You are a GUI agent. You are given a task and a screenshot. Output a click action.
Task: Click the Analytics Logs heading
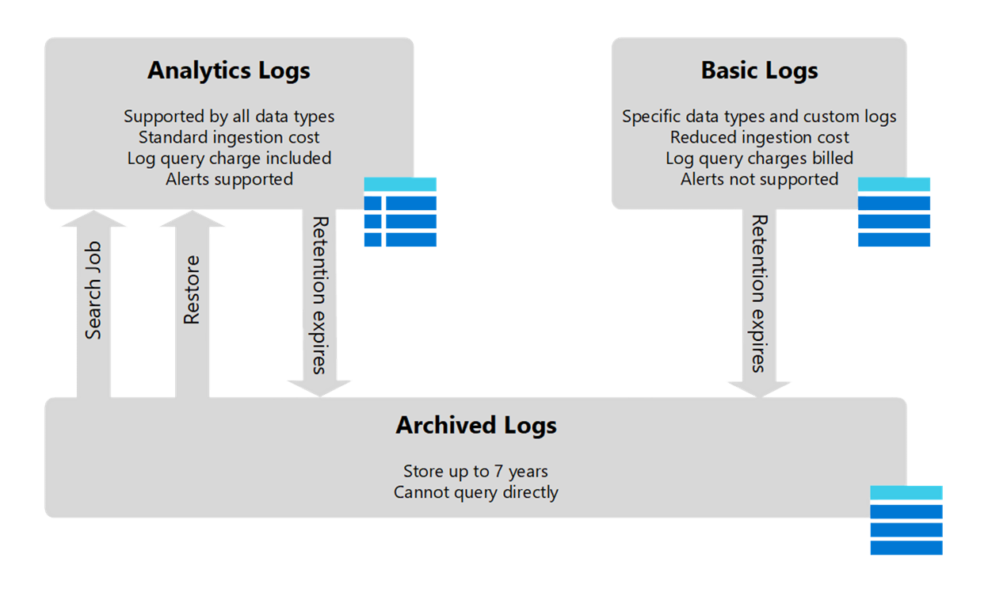click(228, 71)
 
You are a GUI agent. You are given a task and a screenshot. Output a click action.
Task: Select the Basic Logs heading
click(759, 71)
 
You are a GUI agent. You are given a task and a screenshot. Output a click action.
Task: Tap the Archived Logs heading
click(475, 425)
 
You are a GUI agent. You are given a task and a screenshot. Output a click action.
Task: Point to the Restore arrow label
click(192, 290)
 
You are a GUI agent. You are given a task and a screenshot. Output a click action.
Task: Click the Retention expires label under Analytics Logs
click(319, 294)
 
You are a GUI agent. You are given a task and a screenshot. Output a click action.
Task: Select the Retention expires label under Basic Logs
click(759, 293)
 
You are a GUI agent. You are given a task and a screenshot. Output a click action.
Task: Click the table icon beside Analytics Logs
click(400, 212)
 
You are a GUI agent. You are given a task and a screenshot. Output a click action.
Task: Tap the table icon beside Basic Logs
click(894, 212)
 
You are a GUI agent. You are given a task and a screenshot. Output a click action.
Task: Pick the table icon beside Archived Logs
click(906, 520)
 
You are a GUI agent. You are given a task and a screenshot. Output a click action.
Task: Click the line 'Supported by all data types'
click(229, 117)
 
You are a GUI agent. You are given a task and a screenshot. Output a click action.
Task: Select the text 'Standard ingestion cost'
click(229, 137)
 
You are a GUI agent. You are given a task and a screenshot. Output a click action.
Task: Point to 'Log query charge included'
click(229, 159)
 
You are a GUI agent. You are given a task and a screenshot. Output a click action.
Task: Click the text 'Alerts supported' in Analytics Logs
click(229, 179)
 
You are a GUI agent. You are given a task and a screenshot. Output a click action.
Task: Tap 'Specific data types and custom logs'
click(759, 117)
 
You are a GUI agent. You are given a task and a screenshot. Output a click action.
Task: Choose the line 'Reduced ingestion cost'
click(759, 137)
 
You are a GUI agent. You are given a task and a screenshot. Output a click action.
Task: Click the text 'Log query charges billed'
click(759, 159)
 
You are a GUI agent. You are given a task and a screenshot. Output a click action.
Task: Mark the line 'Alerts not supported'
click(759, 179)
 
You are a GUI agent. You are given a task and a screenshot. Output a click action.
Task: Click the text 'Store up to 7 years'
click(475, 471)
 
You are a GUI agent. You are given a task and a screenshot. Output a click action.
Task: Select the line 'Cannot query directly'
click(475, 492)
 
